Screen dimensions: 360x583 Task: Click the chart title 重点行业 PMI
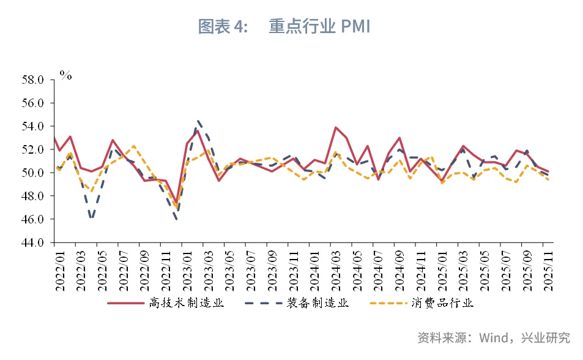pyautogui.click(x=319, y=27)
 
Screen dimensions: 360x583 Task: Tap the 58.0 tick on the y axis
pyautogui.click(x=32, y=80)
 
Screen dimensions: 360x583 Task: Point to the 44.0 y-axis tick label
pyautogui.click(x=32, y=242)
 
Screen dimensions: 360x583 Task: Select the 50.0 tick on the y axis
pyautogui.click(x=32, y=173)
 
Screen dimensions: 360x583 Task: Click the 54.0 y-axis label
pyautogui.click(x=32, y=126)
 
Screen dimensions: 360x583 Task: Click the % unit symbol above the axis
pyautogui.click(x=65, y=75)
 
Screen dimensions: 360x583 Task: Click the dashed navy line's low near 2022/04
pyautogui.click(x=91, y=218)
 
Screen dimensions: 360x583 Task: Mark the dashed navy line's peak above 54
pyautogui.click(x=199, y=121)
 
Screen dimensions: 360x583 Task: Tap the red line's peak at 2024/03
pyautogui.click(x=336, y=127)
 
